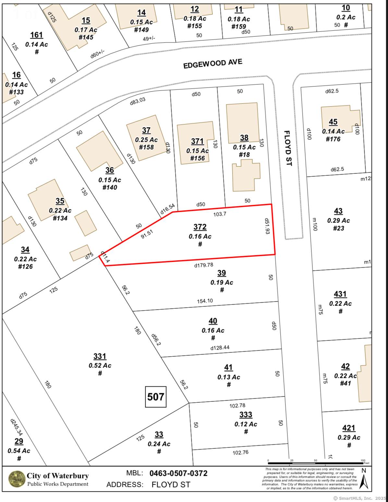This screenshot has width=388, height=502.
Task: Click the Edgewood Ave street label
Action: coord(213,64)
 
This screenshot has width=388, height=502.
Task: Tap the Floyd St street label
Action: coord(288,148)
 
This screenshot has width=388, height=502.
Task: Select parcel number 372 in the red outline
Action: coord(200,227)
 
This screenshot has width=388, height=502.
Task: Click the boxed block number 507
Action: coord(156,397)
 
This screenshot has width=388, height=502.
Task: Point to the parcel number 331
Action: coord(100,356)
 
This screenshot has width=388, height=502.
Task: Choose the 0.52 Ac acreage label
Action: coord(100,365)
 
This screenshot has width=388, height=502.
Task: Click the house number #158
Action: coord(146,147)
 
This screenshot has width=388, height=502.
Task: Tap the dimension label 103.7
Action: coord(220,214)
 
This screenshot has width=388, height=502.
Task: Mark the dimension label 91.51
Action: coord(147,234)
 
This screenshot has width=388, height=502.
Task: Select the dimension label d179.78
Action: coord(204,265)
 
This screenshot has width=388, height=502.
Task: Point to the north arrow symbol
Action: coord(364,480)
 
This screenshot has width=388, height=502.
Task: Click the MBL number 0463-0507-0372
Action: coord(178,473)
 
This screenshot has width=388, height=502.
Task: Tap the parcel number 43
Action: coord(338,211)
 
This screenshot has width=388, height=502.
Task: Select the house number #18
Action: coord(244,155)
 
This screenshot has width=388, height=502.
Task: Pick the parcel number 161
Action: coord(37,35)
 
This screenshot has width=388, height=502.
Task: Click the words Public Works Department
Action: coord(58,484)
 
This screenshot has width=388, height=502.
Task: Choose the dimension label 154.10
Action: coord(205,301)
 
